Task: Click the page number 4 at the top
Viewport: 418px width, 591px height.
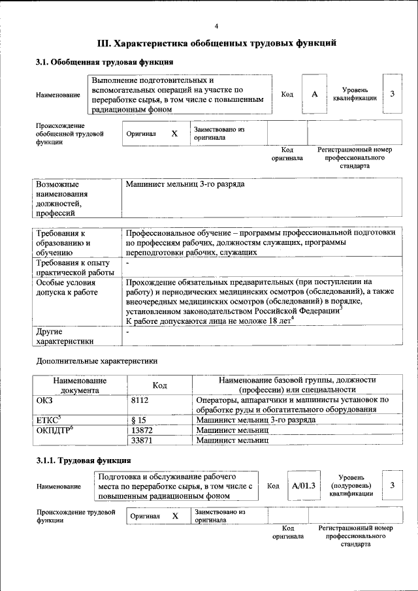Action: (x=216, y=25)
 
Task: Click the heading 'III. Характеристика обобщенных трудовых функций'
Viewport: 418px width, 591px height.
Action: (x=216, y=44)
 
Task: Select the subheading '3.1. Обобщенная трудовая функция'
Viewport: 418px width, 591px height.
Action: (x=104, y=63)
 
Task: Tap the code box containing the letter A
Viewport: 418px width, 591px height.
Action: (x=314, y=94)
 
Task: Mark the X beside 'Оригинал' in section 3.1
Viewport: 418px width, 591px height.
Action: (x=174, y=133)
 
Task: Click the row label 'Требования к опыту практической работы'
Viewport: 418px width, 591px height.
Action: (x=75, y=267)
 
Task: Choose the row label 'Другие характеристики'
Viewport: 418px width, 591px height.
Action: (x=65, y=336)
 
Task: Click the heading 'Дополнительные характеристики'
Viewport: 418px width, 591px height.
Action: (x=97, y=360)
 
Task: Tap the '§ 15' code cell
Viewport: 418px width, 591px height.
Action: (x=138, y=420)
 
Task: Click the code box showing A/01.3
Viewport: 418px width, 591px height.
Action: (x=304, y=486)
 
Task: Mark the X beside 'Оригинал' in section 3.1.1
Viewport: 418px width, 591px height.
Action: (x=175, y=516)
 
